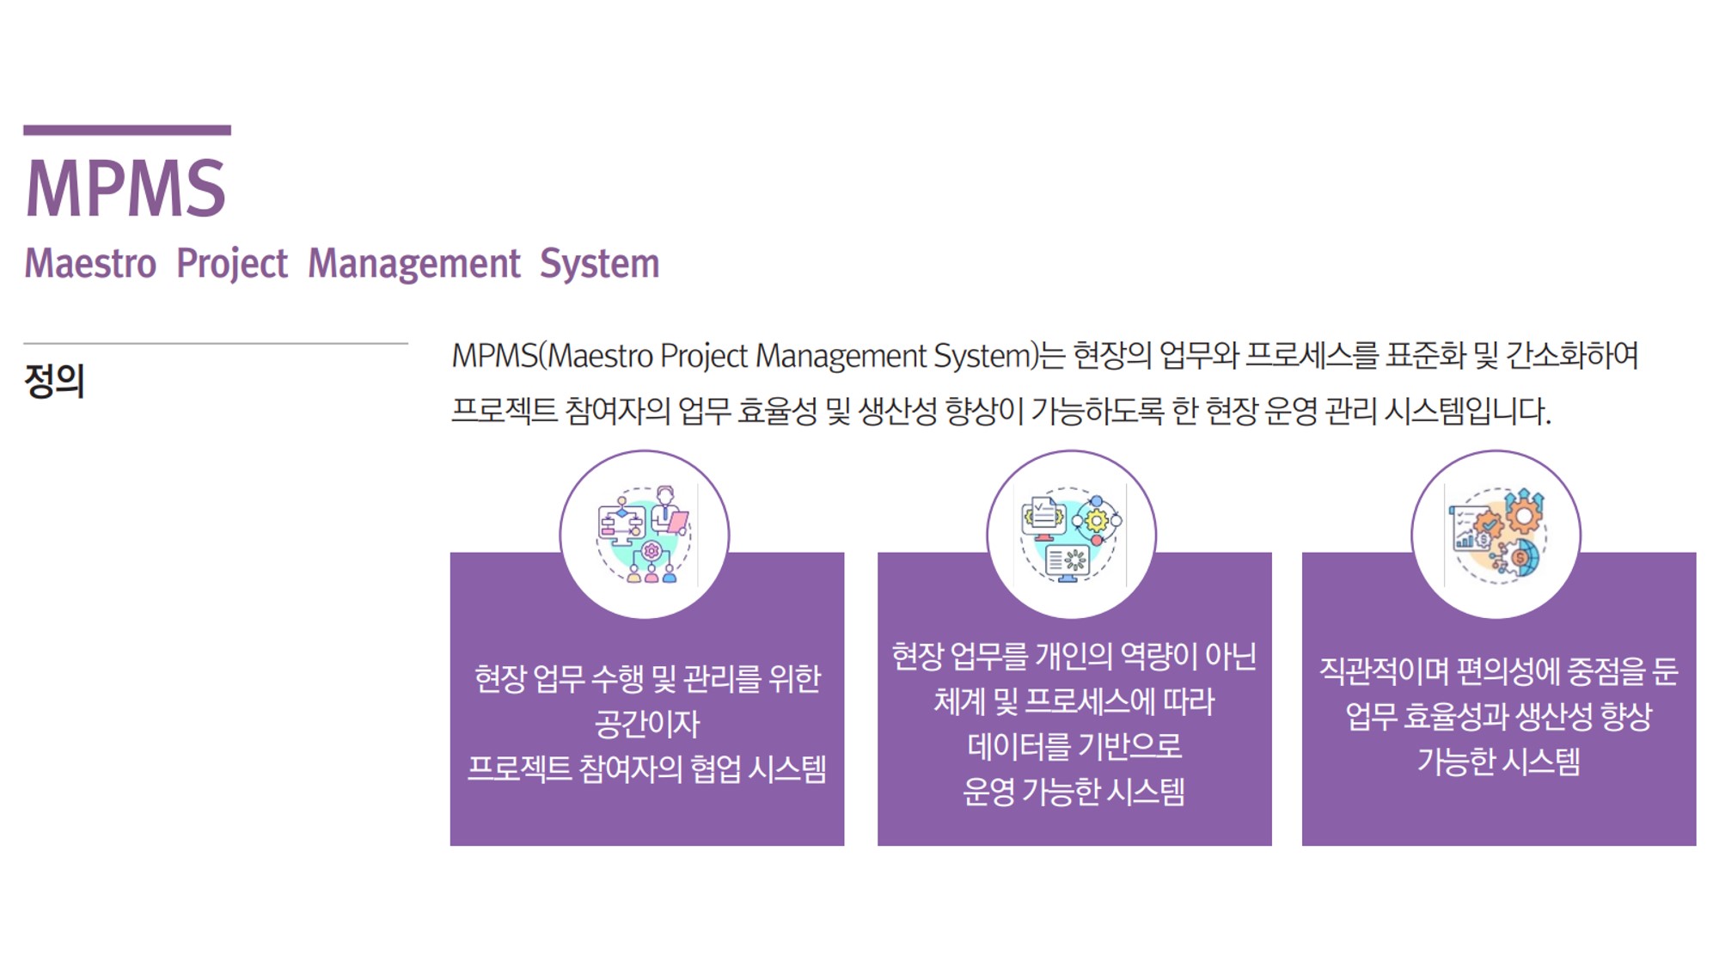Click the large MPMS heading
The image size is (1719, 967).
(x=125, y=188)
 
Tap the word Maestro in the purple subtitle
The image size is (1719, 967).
(x=90, y=263)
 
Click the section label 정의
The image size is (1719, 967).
(x=54, y=381)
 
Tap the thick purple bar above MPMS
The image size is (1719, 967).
(x=127, y=131)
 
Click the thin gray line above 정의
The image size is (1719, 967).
(x=216, y=344)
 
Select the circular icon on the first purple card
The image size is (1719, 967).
(x=645, y=535)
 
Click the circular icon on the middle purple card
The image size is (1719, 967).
(x=1071, y=535)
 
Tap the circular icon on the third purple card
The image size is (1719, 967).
(x=1496, y=535)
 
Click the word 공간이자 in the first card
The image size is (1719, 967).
(x=647, y=724)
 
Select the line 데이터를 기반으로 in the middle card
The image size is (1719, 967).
(x=1074, y=746)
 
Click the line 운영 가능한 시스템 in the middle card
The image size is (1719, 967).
(x=1074, y=791)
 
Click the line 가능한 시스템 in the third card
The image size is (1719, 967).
(x=1499, y=762)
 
